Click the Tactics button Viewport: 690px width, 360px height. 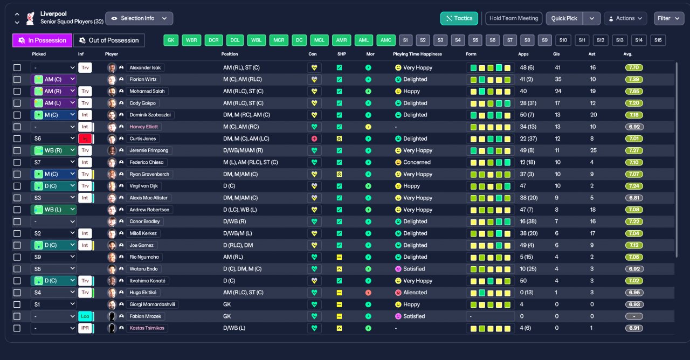pyautogui.click(x=459, y=18)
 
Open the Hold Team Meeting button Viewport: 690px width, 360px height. pyautogui.click(x=514, y=18)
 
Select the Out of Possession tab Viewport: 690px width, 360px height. pyautogui.click(x=109, y=40)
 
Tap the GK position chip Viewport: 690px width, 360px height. pyautogui.click(x=171, y=40)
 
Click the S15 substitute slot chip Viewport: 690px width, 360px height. pyautogui.click(x=658, y=40)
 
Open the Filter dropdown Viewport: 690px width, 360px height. pyautogui.click(x=668, y=18)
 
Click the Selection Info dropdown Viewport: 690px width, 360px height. pyautogui.click(x=139, y=18)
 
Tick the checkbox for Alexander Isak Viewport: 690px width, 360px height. pyautogui.click(x=17, y=68)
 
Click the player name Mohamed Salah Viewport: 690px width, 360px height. pyautogui.click(x=147, y=92)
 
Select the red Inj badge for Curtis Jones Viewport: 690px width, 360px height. pyautogui.click(x=85, y=139)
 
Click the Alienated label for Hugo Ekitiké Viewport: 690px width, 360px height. pyautogui.click(x=415, y=293)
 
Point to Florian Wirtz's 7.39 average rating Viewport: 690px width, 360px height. pyautogui.click(x=633, y=79)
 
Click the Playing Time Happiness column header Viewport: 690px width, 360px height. pyautogui.click(x=417, y=54)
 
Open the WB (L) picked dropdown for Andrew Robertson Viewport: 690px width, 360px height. pyautogui.click(x=53, y=210)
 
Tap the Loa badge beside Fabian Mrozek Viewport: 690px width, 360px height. pyautogui.click(x=85, y=316)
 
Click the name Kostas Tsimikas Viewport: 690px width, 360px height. pyautogui.click(x=147, y=328)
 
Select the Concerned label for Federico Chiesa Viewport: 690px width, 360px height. pyautogui.click(x=417, y=162)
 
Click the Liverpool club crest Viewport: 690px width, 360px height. pyautogui.click(x=30, y=18)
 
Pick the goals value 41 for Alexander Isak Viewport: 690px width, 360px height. pyautogui.click(x=557, y=68)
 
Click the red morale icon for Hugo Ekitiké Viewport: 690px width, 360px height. pyautogui.click(x=368, y=293)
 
